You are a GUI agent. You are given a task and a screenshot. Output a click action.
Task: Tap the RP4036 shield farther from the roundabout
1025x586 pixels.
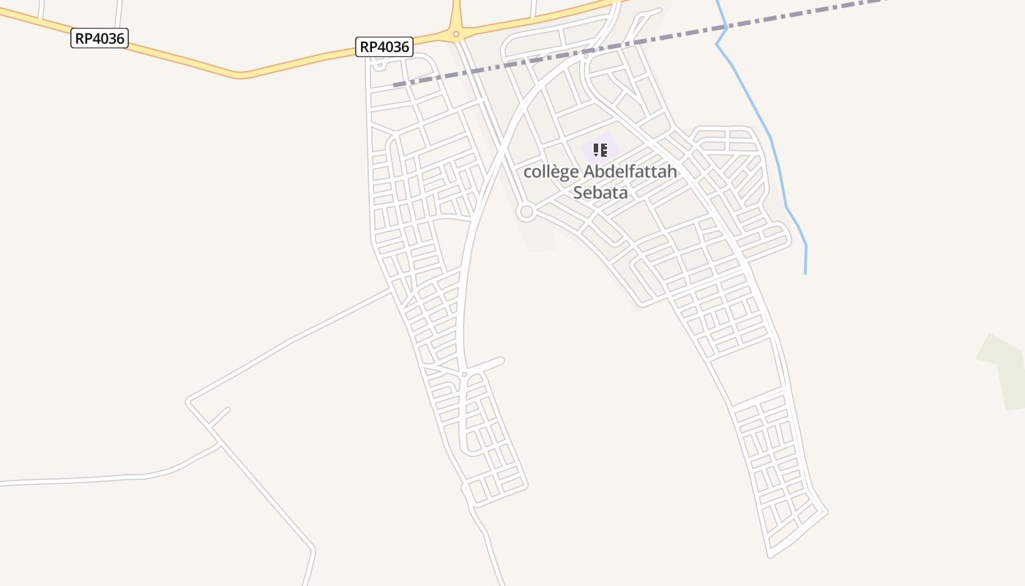[100, 38]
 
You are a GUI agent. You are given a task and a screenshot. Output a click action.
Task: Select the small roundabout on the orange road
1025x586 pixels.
[455, 34]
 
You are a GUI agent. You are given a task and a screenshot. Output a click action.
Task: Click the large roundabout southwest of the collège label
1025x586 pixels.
[526, 212]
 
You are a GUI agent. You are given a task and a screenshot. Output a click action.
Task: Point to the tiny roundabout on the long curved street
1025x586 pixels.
[464, 374]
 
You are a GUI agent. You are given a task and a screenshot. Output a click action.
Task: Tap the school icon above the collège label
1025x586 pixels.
[600, 150]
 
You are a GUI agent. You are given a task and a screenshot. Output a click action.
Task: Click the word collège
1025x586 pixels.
[551, 172]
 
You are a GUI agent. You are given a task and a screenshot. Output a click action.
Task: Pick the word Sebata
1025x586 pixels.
[600, 193]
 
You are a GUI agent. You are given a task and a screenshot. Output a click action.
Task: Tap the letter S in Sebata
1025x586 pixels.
[578, 193]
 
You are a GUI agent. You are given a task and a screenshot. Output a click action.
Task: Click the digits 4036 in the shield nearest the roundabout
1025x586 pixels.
[394, 47]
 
